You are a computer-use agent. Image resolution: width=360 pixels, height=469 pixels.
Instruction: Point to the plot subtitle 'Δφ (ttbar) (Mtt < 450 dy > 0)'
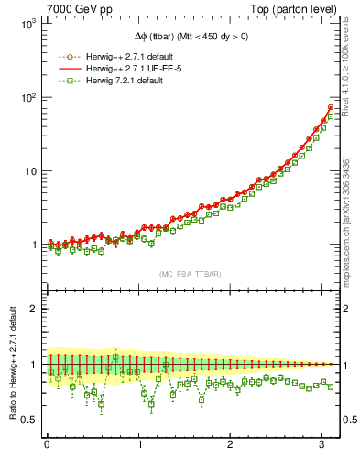(190, 37)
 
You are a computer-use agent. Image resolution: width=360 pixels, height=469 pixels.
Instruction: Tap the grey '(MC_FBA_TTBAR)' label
(190, 274)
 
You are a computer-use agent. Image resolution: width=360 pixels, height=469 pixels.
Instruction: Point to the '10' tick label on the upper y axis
(27, 171)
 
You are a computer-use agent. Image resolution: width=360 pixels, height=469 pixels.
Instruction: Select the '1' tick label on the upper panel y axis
(30, 245)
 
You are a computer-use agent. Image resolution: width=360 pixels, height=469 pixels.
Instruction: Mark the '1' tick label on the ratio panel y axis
(31, 365)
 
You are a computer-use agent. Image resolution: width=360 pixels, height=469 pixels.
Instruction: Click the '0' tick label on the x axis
(47, 446)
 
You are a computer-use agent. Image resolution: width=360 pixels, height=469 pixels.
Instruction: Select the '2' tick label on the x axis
(231, 446)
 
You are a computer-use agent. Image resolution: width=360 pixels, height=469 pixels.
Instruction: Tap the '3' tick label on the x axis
(322, 446)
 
